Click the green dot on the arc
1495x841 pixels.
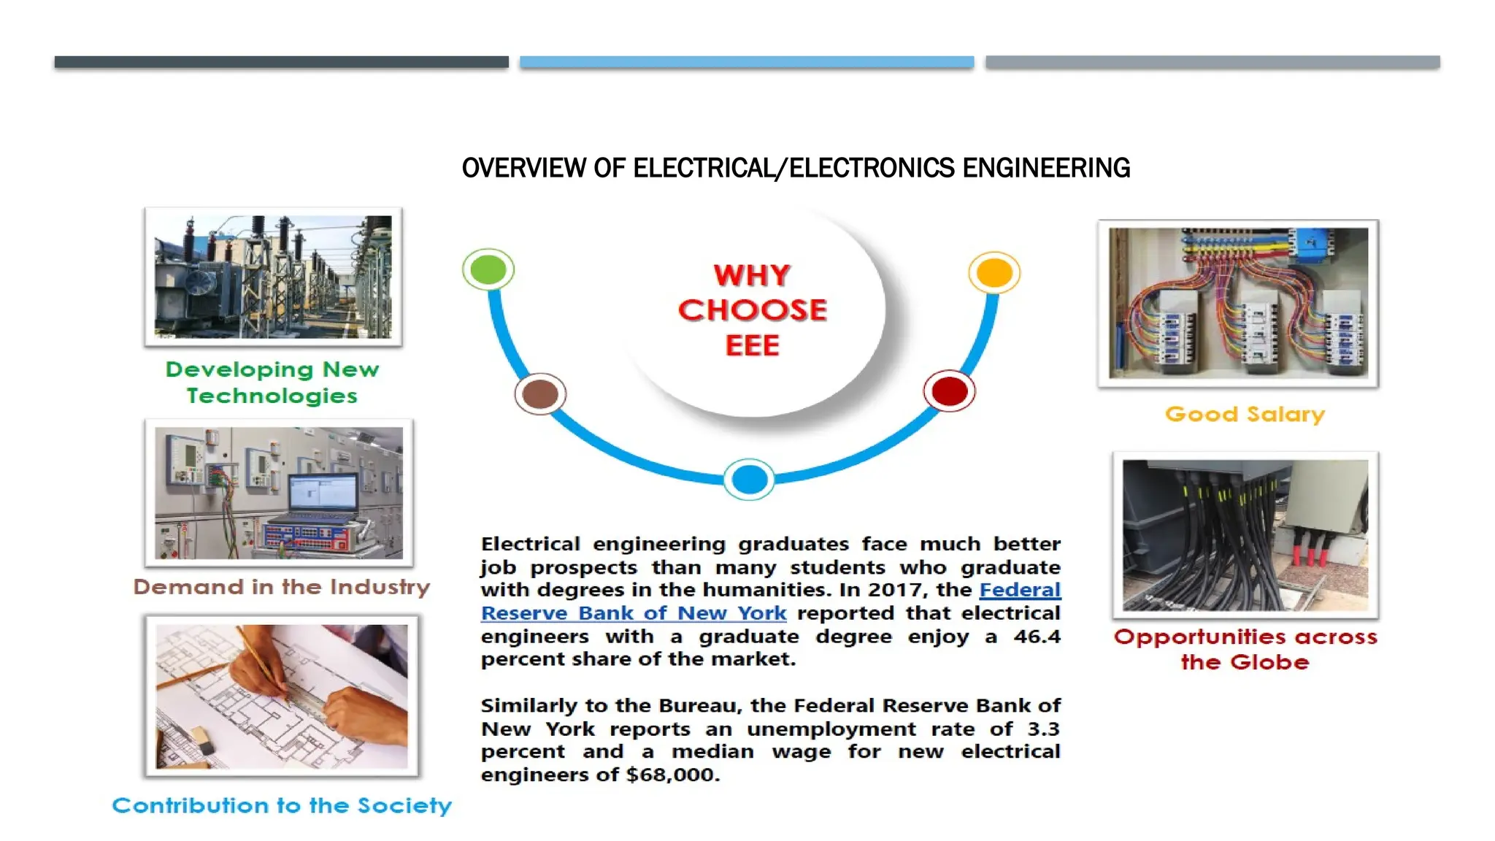488,269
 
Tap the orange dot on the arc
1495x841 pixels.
994,273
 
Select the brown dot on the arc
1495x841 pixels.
540,394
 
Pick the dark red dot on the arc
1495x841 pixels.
949,391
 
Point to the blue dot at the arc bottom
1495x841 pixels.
749,480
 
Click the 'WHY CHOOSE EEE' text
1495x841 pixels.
753,310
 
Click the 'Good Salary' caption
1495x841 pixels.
1245,415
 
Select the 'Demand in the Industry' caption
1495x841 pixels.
282,587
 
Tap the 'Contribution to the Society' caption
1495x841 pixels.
282,805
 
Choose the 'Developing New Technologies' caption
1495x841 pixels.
272,383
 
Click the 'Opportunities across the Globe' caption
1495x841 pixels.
1245,649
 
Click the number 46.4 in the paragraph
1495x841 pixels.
1037,637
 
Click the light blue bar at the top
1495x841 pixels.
747,62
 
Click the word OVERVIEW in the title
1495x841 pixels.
523,168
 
